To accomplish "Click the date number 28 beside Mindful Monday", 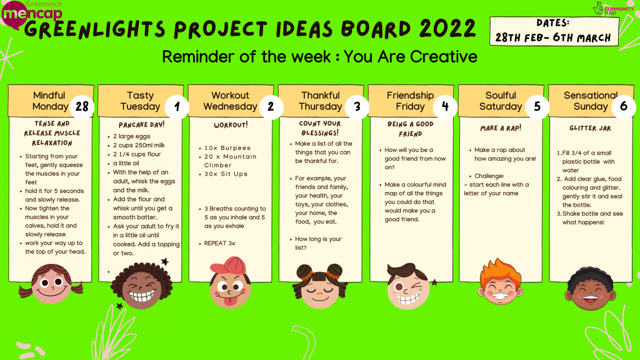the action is (x=82, y=106).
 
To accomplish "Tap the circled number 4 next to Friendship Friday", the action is (x=445, y=106).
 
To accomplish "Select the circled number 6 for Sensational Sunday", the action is (x=624, y=106).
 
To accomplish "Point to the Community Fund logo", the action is (x=613, y=9).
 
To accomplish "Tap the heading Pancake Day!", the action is (x=142, y=125).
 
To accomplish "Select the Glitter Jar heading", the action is (x=590, y=128).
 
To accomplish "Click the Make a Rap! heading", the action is (x=501, y=128).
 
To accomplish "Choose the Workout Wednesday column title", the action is (x=230, y=101).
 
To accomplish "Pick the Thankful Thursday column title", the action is (x=320, y=101).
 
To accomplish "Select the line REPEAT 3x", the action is (x=220, y=243).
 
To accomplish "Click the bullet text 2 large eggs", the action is (x=132, y=136).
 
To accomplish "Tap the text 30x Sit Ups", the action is (x=226, y=174).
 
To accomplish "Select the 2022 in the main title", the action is (x=448, y=28).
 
